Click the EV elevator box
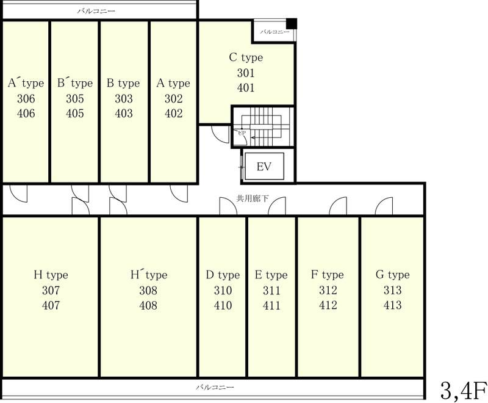pyautogui.click(x=264, y=166)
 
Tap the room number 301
pyautogui.click(x=246, y=73)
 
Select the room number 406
pyautogui.click(x=26, y=114)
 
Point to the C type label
pyautogui.click(x=246, y=57)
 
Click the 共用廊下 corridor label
pyautogui.click(x=253, y=198)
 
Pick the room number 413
pyautogui.click(x=392, y=305)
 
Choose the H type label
pyautogui.click(x=51, y=275)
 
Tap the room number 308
pyautogui.click(x=148, y=290)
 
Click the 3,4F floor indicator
pyautogui.click(x=464, y=391)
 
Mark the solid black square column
pyautogui.click(x=292, y=24)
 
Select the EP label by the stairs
pyautogui.click(x=242, y=133)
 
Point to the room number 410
pyautogui.click(x=223, y=305)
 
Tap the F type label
pyautogui.click(x=328, y=275)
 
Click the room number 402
pyautogui.click(x=173, y=114)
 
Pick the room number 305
pyautogui.click(x=74, y=99)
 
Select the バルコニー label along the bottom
pyautogui.click(x=215, y=387)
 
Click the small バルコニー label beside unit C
pyautogui.click(x=274, y=32)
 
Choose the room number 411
pyautogui.click(x=271, y=305)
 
